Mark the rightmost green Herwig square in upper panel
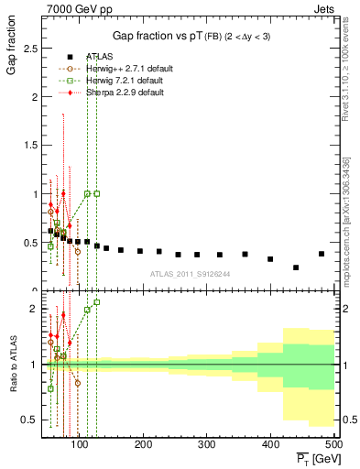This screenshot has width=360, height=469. coord(97,193)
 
